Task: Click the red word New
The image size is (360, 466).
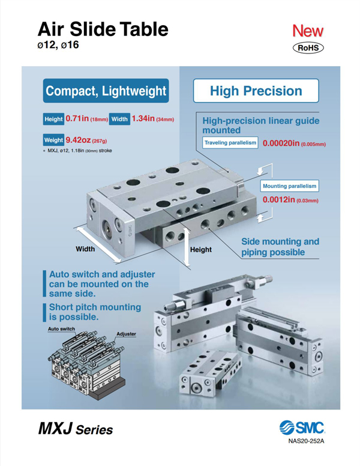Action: pyautogui.click(x=308, y=31)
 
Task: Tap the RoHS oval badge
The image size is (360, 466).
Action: pyautogui.click(x=308, y=48)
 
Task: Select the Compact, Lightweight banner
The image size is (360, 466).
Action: pyautogui.click(x=106, y=91)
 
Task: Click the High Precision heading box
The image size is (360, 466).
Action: pyautogui.click(x=256, y=91)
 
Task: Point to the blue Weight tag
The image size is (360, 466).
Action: pyautogui.click(x=53, y=140)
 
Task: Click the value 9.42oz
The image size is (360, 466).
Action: pyautogui.click(x=78, y=140)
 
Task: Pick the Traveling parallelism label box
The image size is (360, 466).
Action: pyautogui.click(x=230, y=143)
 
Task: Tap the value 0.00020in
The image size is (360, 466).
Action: pyautogui.click(x=281, y=144)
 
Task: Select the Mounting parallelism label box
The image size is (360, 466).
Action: pyautogui.click(x=290, y=186)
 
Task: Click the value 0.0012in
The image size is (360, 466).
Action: pyautogui.click(x=278, y=199)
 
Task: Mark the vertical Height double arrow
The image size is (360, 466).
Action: pyautogui.click(x=186, y=247)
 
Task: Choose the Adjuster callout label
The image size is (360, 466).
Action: pyautogui.click(x=126, y=334)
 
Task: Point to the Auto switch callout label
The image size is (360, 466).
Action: pyautogui.click(x=61, y=329)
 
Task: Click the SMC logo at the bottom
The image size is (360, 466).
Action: pyautogui.click(x=302, y=428)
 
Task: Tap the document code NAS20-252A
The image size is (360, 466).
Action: pyautogui.click(x=306, y=441)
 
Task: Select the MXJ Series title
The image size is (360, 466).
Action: pyautogui.click(x=76, y=429)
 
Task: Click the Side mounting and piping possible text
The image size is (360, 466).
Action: pyautogui.click(x=280, y=247)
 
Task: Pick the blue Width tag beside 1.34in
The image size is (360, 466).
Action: pyautogui.click(x=119, y=119)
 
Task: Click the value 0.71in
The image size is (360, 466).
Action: pyautogui.click(x=77, y=118)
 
